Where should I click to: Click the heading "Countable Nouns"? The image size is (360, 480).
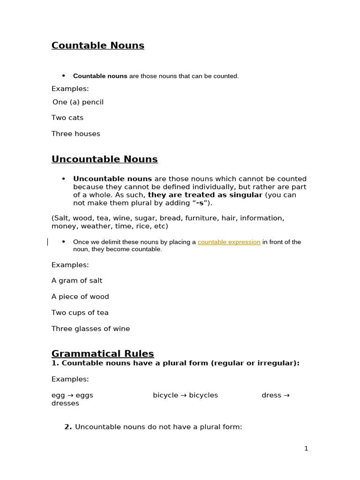97,45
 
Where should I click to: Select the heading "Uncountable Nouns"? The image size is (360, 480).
105,159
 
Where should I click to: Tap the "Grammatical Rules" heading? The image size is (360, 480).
103,353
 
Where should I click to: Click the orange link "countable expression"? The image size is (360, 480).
229,242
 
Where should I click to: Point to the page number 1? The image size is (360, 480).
306,449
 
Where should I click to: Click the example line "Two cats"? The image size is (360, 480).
67,118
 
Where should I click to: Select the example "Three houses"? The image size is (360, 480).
76,134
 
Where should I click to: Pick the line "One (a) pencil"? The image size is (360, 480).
78,102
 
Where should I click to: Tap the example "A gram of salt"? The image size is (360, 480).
77,281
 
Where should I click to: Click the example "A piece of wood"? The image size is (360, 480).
80,297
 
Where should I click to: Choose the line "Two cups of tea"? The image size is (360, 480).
80,313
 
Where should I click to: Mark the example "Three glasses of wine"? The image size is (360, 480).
90,329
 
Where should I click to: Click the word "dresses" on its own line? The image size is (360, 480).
65,403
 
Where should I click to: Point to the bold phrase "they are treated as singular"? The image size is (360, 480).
205,195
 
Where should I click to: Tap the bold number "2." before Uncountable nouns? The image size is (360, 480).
68,427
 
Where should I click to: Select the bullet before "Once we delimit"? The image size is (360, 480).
63,241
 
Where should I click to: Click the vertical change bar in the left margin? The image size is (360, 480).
47,242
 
